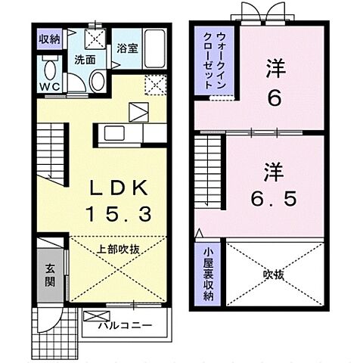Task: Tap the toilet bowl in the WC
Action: [x=49, y=71]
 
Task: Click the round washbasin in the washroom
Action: [x=98, y=81]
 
